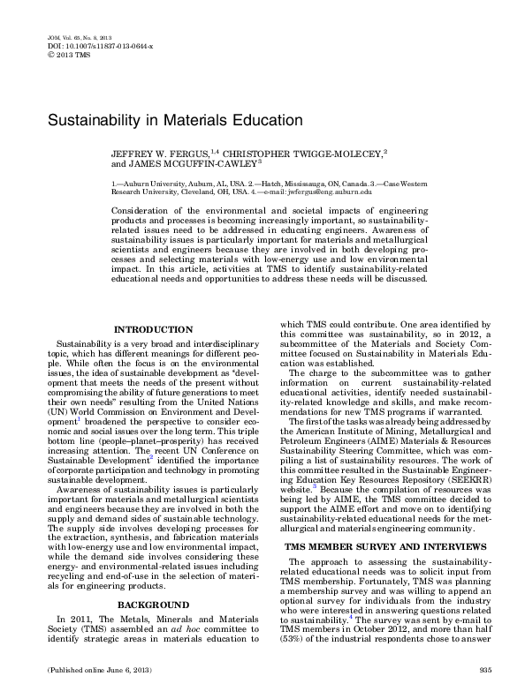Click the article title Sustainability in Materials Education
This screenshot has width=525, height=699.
click(x=174, y=117)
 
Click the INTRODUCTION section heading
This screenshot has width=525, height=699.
click(x=153, y=330)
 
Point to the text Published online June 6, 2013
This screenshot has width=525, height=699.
click(x=87, y=672)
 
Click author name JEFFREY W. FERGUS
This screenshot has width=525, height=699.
click(x=162, y=154)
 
